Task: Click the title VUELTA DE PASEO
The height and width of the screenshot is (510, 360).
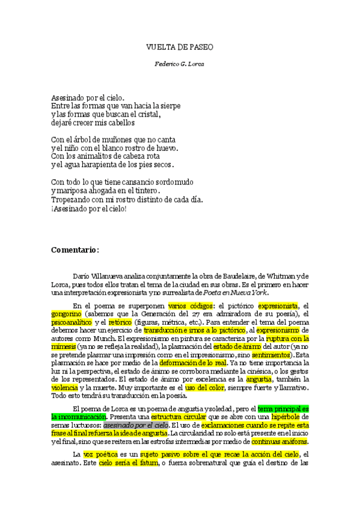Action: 180,46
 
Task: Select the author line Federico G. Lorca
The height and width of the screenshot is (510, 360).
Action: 180,63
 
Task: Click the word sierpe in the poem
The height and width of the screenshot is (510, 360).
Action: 169,105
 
